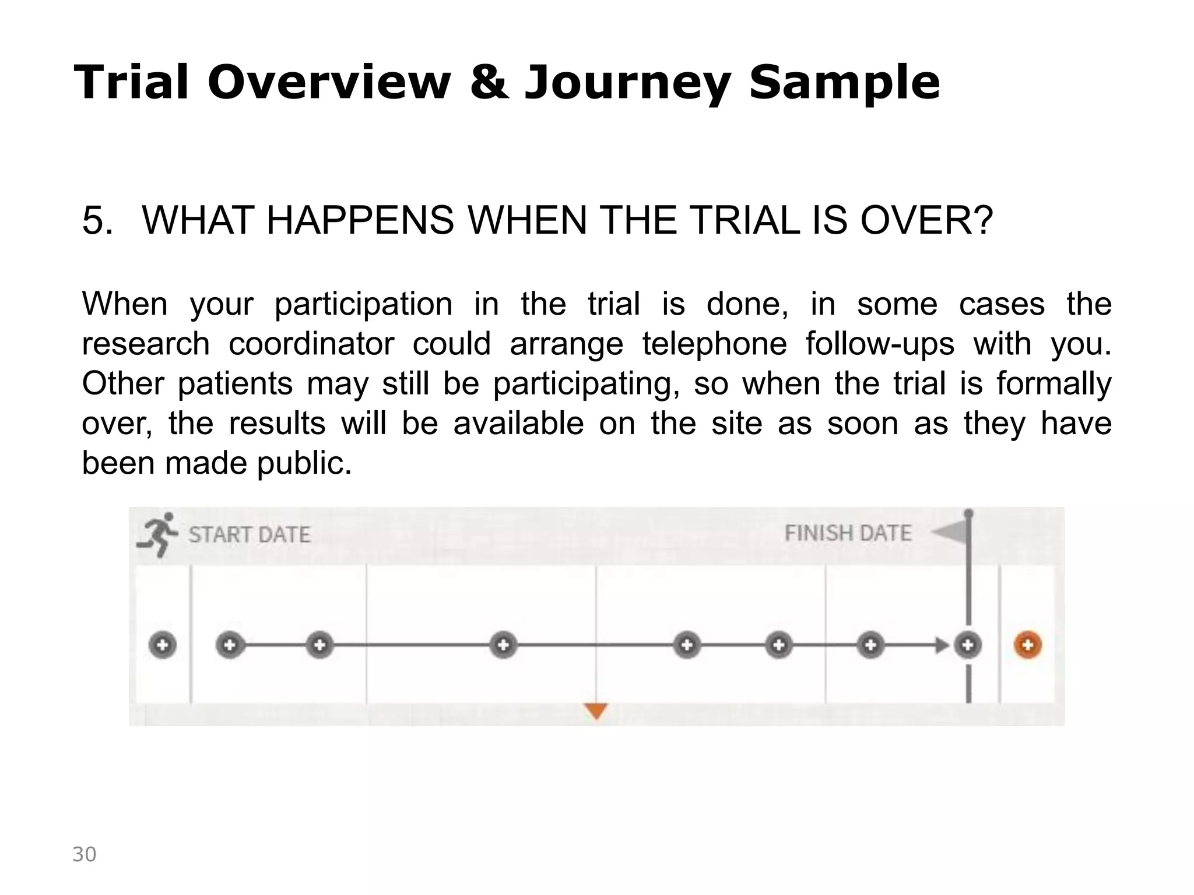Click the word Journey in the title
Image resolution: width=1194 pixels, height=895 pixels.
coord(627,83)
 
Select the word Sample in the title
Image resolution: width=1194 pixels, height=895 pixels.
coord(844,83)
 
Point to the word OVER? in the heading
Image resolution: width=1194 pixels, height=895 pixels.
coord(926,221)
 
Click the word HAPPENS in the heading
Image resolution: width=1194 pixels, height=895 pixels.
coord(360,221)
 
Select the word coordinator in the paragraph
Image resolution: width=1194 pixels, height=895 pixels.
coord(311,344)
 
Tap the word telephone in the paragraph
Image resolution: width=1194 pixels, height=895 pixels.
coord(715,344)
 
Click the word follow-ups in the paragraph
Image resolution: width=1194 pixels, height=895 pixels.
coord(880,344)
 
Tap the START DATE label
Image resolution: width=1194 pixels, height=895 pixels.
coord(249,535)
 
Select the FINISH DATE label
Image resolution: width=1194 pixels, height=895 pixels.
coord(848,533)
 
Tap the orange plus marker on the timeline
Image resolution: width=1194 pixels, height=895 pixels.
coord(1028,645)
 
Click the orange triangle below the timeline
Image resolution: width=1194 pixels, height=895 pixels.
coord(596,711)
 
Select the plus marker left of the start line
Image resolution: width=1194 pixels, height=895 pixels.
coord(163,645)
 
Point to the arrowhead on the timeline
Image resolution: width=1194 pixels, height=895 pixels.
coord(941,645)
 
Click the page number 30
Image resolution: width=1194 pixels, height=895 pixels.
coord(84,854)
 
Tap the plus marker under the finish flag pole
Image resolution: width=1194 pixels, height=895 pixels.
coord(968,645)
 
